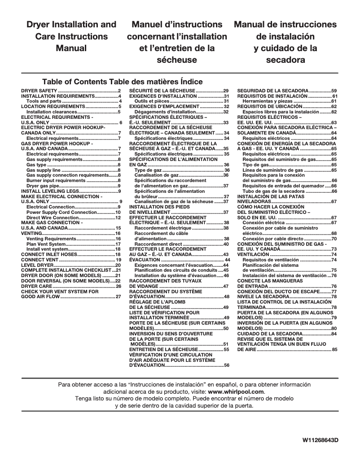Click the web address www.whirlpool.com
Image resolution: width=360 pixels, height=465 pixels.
pos(240,391)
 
